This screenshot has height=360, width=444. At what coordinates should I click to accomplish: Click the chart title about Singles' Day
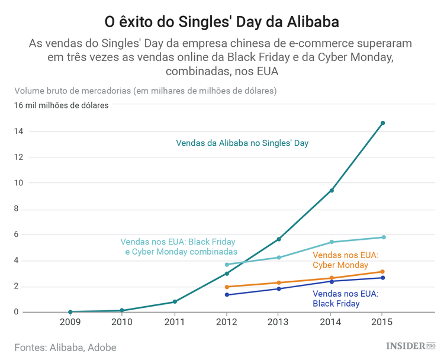pos(222,22)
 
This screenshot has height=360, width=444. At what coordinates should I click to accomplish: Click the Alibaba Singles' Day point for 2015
pos(382,123)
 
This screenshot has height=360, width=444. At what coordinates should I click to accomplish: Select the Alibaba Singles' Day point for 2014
pos(332,190)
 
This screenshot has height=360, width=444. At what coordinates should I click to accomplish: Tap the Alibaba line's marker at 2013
pos(279,239)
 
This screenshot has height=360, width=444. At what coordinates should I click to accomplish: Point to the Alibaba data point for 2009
pos(70,311)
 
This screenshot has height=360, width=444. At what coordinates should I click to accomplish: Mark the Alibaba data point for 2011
pos(175,301)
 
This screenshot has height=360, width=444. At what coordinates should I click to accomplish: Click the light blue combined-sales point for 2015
pos(384,237)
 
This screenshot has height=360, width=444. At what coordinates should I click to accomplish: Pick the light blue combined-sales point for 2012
pos(227,265)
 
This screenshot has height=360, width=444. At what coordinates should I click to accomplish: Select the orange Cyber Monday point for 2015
pos(382,272)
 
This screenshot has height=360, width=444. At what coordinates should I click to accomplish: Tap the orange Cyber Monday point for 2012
pos(227,287)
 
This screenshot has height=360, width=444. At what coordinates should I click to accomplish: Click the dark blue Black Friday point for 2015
pos(382,278)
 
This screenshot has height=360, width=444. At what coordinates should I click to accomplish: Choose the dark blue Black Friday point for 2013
pos(279,288)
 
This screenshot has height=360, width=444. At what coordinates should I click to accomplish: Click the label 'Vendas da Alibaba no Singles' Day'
pos(242,143)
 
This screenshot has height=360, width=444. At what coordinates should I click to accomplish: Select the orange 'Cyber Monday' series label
pos(345,260)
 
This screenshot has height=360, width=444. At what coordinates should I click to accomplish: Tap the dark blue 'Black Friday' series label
pos(345,298)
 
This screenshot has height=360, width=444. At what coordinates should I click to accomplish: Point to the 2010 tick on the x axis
pos(122,323)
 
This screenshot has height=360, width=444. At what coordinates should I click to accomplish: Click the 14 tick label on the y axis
pos(20,131)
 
